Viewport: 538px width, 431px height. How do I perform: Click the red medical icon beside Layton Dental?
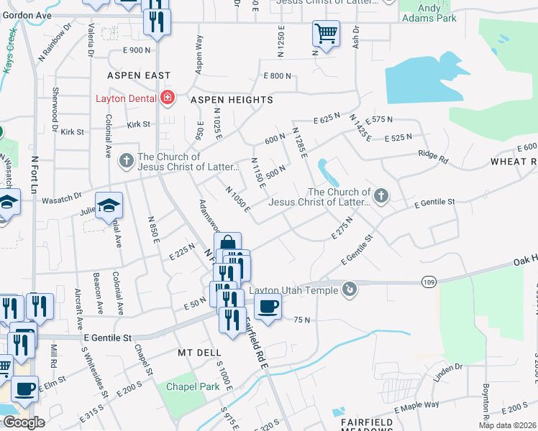(168, 98)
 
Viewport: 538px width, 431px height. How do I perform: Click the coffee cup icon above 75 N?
(268, 307)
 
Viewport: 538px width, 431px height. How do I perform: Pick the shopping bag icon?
(227, 244)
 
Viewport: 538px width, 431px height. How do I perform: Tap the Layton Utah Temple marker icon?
(350, 289)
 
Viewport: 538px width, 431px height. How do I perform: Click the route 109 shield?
(429, 283)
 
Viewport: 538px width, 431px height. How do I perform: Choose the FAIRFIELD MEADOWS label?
(363, 418)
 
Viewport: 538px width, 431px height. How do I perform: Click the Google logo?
(24, 422)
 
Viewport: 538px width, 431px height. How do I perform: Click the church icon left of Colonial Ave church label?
(126, 160)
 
